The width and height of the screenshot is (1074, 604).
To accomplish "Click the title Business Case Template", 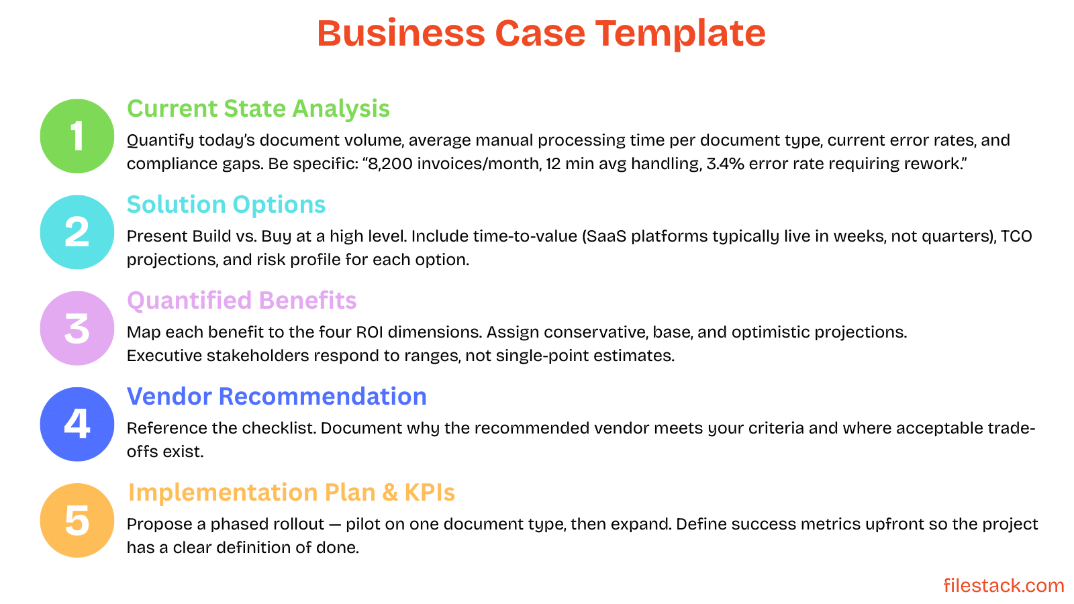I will (541, 33).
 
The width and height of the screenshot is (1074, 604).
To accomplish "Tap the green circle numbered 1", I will (77, 136).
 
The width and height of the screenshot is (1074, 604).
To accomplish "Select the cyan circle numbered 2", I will (77, 232).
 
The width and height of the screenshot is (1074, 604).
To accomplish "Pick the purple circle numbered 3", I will (77, 328).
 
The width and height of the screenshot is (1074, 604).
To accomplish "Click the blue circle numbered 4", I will (77, 424).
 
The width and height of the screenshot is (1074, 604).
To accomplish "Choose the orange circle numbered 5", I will (77, 520).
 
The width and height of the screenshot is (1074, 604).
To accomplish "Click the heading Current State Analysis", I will (258, 109).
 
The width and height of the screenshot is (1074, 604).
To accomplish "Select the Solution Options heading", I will (226, 205).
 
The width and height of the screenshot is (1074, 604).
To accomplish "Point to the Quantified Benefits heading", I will (242, 301).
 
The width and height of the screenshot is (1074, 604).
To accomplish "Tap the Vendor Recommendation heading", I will (277, 397).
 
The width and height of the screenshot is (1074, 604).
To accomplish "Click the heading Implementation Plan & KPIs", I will (291, 493).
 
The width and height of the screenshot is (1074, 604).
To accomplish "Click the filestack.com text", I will (1004, 585).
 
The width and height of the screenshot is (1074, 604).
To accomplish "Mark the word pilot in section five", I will (363, 524).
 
